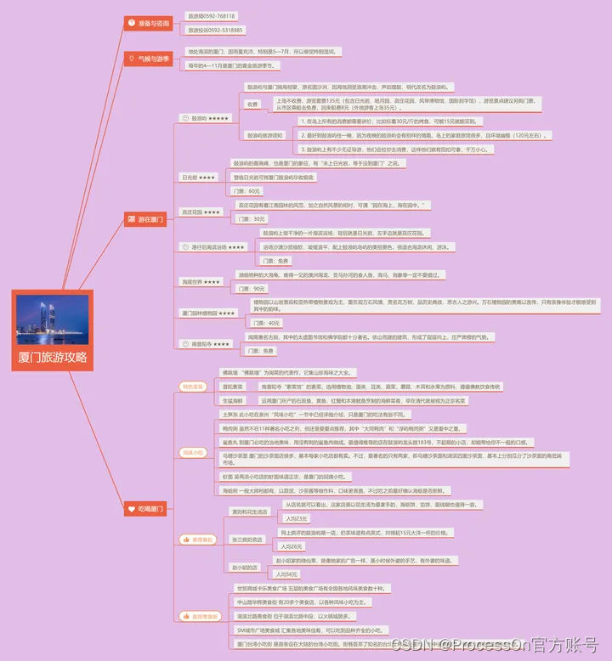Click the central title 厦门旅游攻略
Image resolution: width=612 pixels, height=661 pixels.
[53, 358]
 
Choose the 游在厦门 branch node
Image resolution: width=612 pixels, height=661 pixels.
[148, 219]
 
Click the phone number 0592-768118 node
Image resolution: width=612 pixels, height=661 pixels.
[212, 16]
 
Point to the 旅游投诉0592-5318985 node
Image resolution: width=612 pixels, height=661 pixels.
[215, 30]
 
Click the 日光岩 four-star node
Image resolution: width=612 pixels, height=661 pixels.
[200, 178]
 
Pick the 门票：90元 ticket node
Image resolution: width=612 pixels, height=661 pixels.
[250, 289]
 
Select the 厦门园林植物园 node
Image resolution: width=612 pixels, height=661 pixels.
[208, 313]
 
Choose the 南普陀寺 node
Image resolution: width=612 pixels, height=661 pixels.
[205, 344]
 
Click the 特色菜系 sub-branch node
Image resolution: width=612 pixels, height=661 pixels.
[193, 387]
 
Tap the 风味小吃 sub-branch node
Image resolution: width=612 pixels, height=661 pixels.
[193, 452]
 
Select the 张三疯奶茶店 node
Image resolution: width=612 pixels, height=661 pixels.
[249, 539]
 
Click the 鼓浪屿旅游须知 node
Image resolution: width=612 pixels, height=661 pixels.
[264, 135]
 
